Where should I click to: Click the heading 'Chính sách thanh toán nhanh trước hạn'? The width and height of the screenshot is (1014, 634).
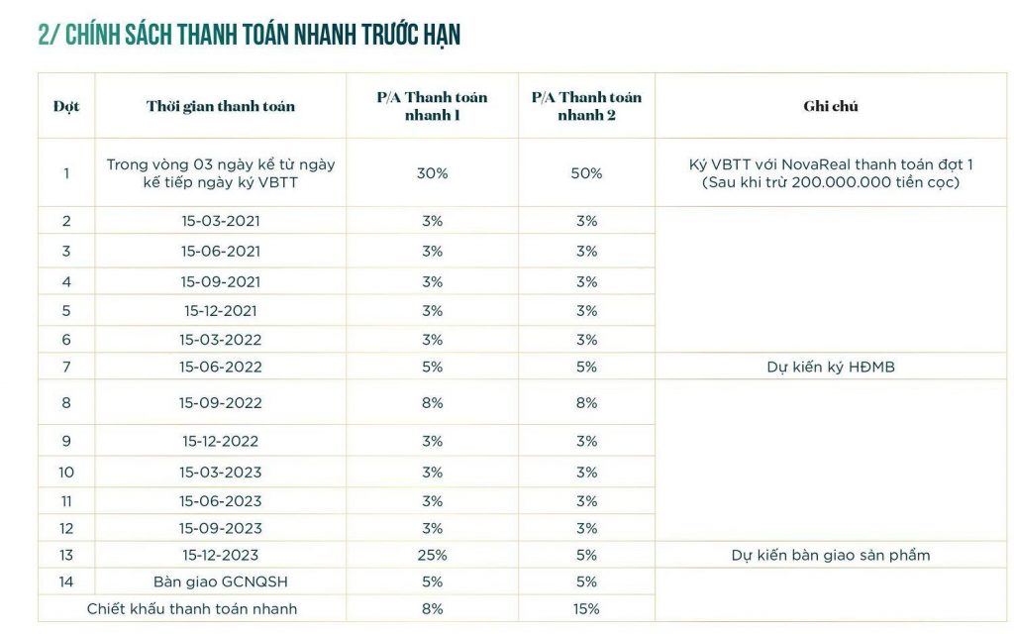click(x=249, y=35)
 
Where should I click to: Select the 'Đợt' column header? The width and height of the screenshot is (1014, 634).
click(x=66, y=106)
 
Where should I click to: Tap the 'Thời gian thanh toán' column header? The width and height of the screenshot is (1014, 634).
click(x=221, y=106)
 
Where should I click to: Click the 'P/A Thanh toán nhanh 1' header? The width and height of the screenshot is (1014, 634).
click(x=432, y=106)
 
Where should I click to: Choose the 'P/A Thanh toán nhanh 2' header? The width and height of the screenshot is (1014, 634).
click(x=586, y=106)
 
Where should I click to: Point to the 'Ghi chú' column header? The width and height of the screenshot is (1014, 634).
click(x=831, y=106)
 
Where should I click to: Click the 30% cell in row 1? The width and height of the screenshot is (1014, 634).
click(x=432, y=173)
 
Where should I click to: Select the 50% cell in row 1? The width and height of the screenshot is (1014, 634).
click(x=586, y=173)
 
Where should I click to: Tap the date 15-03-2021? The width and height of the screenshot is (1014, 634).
click(x=221, y=221)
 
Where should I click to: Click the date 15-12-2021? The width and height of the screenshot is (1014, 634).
click(x=221, y=311)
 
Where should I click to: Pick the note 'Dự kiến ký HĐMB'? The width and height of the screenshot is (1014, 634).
click(x=831, y=367)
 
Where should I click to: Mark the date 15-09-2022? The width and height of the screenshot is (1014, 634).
click(x=221, y=403)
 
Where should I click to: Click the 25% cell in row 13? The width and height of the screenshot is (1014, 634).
click(x=432, y=555)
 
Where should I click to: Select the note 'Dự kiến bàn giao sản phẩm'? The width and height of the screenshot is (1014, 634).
click(x=831, y=555)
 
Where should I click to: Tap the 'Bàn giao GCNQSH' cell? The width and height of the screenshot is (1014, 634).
click(x=221, y=582)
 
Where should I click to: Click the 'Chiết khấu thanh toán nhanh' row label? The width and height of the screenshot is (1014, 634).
click(x=192, y=609)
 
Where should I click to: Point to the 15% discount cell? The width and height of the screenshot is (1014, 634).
click(x=586, y=609)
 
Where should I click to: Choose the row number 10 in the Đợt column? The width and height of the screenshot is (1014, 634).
click(x=66, y=473)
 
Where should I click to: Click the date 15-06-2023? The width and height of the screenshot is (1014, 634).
click(x=221, y=501)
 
